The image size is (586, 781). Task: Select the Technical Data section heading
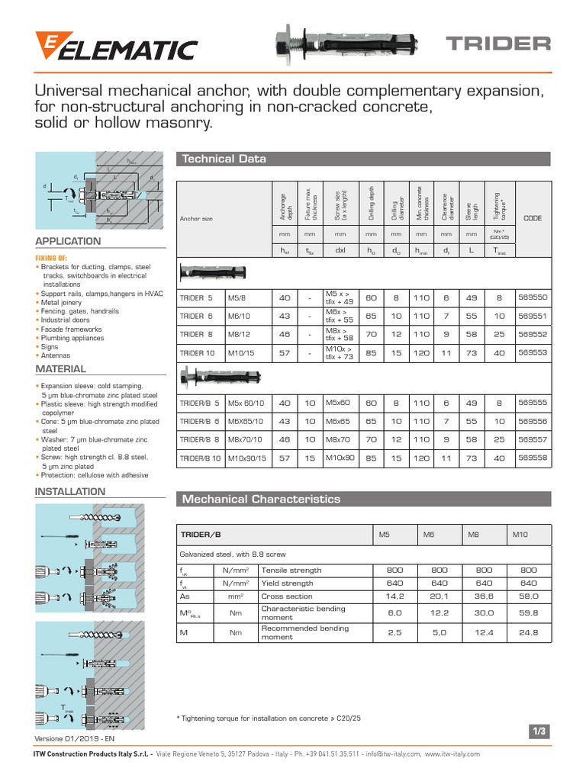pyautogui.click(x=223, y=159)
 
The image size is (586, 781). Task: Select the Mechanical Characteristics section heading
pyautogui.click(x=259, y=500)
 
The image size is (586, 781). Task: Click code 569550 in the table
pyautogui.click(x=533, y=297)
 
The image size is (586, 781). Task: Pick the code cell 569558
pyautogui.click(x=533, y=458)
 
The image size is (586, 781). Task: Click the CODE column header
pyautogui.click(x=532, y=218)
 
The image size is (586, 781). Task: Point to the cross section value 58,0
pyautogui.click(x=529, y=596)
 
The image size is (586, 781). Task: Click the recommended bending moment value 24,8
pyautogui.click(x=529, y=632)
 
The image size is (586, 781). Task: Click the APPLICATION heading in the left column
pyautogui.click(x=69, y=241)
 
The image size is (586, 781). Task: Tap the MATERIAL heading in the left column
pyautogui.click(x=61, y=369)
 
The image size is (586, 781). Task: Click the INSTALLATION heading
pyautogui.click(x=70, y=492)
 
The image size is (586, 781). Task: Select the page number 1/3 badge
pyautogui.click(x=539, y=731)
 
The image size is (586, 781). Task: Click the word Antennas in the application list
pyautogui.click(x=56, y=355)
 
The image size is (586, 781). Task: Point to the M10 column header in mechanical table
pyautogui.click(x=520, y=535)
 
